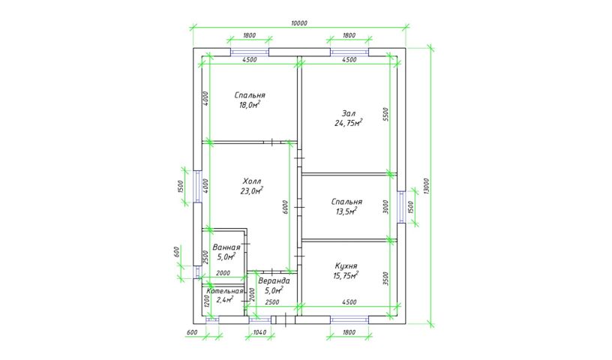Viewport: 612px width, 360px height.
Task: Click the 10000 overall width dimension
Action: [299, 23]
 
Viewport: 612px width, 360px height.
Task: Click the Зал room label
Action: [349, 113]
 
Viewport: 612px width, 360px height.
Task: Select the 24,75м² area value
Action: [348, 123]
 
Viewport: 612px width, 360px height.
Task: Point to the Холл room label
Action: [252, 181]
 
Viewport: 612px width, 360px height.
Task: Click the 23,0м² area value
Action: [252, 190]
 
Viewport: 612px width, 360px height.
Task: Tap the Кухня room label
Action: [346, 266]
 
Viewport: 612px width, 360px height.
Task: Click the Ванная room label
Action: [226, 247]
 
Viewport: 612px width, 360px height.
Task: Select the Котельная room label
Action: [225, 291]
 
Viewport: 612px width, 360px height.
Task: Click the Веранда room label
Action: [274, 280]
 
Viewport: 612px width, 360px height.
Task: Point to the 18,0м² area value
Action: [250, 105]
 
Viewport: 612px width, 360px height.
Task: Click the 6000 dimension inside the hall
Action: [285, 207]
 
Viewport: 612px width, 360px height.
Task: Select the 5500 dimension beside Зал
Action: [386, 115]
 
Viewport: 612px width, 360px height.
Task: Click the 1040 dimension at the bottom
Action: [259, 332]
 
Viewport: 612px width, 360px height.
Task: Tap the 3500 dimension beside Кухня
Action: [386, 278]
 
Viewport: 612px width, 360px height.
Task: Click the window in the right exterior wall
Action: [401, 207]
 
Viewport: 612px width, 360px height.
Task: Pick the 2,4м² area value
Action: [225, 300]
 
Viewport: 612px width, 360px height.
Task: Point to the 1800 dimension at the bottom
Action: [349, 332]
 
